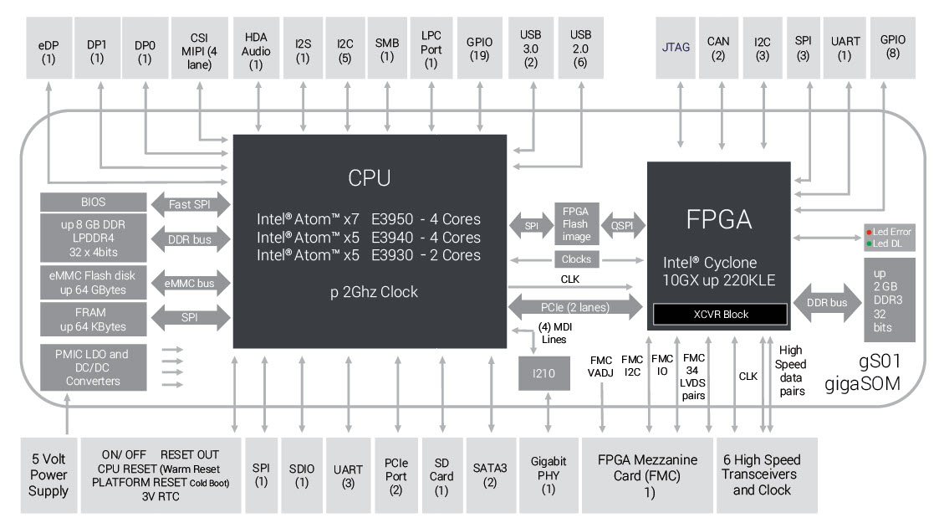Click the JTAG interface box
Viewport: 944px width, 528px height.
[x=675, y=49]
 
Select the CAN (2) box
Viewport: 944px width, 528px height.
[x=717, y=49]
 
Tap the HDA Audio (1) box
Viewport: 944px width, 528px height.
[x=256, y=49]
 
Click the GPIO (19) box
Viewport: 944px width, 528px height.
[x=479, y=49]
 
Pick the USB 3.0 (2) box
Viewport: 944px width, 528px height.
[x=530, y=49]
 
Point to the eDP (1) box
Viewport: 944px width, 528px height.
[x=48, y=49]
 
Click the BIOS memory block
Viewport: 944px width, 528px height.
[x=93, y=202]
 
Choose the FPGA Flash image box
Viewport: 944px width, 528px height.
[x=575, y=223]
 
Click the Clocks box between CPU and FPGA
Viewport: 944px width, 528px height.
[x=575, y=259]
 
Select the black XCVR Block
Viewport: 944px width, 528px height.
[x=720, y=314]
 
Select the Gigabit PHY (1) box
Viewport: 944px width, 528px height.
[x=548, y=475]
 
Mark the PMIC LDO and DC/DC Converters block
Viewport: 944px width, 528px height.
[x=93, y=367]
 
